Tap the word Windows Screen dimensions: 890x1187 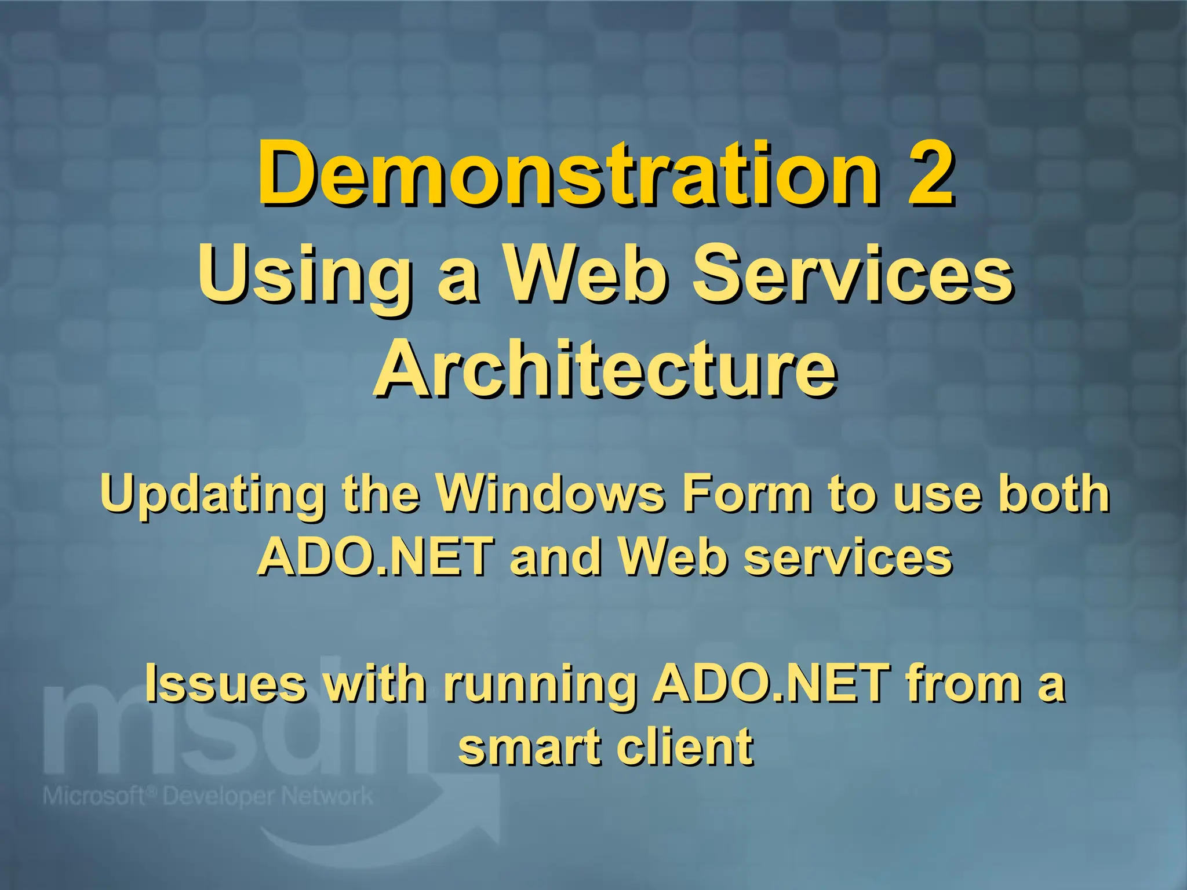[x=549, y=494]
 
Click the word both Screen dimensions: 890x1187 [x=1053, y=494]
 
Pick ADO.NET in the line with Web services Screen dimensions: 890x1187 [x=375, y=556]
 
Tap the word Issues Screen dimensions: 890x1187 [x=225, y=683]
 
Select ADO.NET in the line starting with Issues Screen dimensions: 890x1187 [x=771, y=683]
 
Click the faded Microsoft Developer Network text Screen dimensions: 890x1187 [x=207, y=796]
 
